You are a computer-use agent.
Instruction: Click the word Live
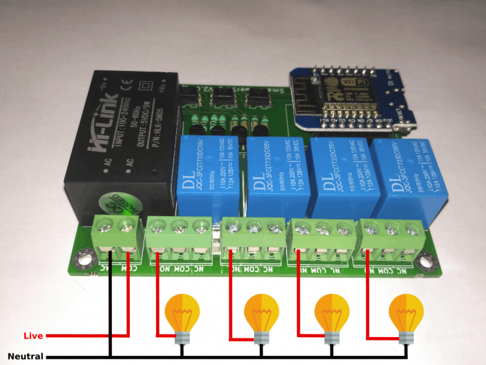(32, 336)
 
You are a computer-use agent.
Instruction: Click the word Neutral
(25, 357)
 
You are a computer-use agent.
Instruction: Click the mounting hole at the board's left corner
(83, 261)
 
